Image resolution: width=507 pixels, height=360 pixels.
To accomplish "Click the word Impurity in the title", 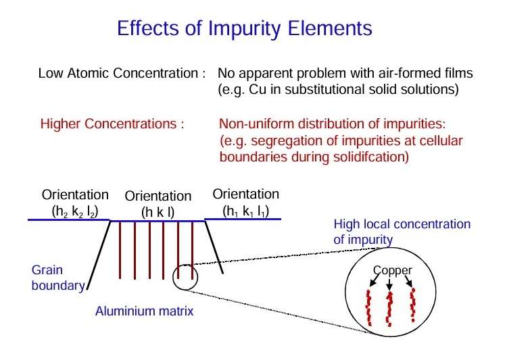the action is point(244,29).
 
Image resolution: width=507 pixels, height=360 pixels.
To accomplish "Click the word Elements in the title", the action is point(330,28).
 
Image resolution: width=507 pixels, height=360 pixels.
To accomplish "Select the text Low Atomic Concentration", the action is point(118,73).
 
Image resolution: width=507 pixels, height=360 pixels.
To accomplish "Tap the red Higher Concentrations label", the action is point(108,124).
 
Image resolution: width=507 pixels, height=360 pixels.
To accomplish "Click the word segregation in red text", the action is point(294,141).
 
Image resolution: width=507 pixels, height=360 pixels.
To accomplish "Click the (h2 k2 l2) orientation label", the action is point(74,211).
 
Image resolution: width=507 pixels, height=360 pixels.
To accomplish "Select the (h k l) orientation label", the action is point(158,213).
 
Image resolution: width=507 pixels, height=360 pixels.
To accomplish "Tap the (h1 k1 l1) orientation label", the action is point(246,211).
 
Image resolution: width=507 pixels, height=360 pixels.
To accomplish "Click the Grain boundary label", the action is point(58,278).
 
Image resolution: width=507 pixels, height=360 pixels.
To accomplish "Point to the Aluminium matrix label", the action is point(144,311).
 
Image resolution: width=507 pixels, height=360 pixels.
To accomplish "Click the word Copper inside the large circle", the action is point(393,270).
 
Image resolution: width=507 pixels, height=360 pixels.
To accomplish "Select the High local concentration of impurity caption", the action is point(402,232).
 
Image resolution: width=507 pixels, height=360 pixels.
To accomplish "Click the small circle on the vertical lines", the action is point(185,265).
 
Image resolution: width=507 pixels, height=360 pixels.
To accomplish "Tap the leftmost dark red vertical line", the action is point(120,250).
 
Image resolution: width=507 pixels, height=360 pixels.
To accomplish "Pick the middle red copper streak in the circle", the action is point(389,309).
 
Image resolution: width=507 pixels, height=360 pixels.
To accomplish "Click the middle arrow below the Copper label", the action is point(389,284).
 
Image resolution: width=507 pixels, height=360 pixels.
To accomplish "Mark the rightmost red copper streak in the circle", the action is point(412,305).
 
